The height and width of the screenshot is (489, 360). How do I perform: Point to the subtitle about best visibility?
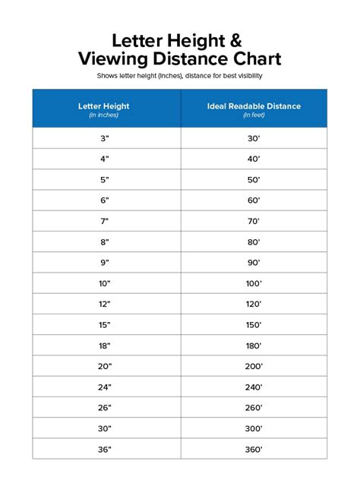[x=180, y=77]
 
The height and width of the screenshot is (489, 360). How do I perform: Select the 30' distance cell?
[x=253, y=138]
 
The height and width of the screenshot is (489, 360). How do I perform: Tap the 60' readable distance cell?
[x=253, y=200]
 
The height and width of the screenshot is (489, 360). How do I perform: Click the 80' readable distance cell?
[x=253, y=241]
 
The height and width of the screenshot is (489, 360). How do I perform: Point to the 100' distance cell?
[x=253, y=283]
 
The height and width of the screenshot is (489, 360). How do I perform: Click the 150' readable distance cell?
[x=253, y=324]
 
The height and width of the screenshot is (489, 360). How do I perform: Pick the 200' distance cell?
[x=253, y=365]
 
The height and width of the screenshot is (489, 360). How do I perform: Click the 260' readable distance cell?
[x=253, y=407]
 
